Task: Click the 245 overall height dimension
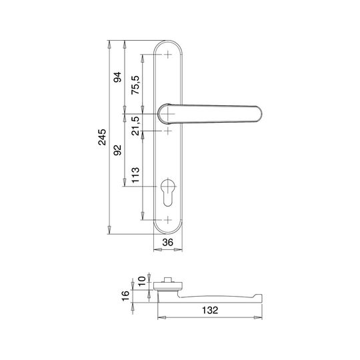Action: (x=102, y=137)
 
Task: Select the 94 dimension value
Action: (x=117, y=77)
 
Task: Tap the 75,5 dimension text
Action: (x=135, y=85)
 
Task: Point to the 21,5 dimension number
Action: (x=136, y=126)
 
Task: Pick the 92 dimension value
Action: (x=117, y=150)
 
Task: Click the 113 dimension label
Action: (x=135, y=175)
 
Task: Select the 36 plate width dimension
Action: (x=168, y=242)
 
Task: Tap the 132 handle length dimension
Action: (x=210, y=310)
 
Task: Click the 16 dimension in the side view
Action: (x=125, y=296)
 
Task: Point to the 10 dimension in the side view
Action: (x=142, y=281)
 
